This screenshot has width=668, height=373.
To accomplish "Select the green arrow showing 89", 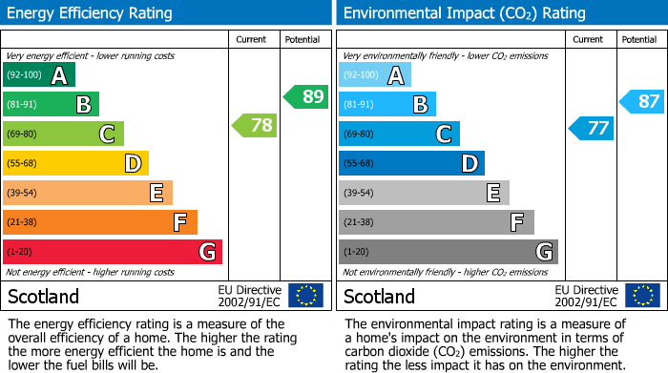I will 306,96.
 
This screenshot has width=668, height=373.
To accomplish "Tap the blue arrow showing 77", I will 592,128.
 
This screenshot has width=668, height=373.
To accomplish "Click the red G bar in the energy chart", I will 113,252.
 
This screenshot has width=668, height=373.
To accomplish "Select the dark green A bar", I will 39,74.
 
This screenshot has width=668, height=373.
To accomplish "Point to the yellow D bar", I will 75,163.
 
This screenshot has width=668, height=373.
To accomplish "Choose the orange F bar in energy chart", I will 100,222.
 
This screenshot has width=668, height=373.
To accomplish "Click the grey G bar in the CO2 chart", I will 448,252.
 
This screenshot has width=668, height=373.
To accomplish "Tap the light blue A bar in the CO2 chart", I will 375,74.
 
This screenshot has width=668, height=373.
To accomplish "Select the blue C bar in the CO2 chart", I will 399,134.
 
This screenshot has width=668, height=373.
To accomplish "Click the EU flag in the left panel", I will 305,295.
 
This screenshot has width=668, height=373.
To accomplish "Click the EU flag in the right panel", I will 641,295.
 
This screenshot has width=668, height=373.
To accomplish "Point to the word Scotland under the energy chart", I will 44,296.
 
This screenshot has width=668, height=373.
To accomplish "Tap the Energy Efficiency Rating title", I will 91,13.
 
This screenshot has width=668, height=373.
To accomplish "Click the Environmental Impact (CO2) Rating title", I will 464,13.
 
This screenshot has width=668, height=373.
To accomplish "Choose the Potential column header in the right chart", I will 638,39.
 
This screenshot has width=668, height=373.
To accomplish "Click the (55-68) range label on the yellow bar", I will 23,163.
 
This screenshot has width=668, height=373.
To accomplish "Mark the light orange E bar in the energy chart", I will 88,193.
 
